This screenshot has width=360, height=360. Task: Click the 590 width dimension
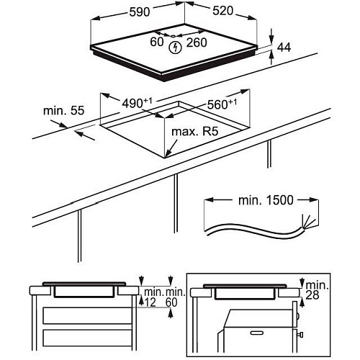click(x=140, y=12)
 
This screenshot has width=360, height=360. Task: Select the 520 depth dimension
click(x=222, y=11)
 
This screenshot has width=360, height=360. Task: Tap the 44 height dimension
click(x=284, y=48)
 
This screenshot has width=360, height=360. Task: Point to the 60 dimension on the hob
click(x=157, y=42)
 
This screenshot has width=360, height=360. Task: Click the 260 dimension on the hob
click(x=197, y=42)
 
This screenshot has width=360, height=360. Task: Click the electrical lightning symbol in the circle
click(x=175, y=48)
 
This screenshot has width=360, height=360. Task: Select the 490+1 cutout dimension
click(x=137, y=102)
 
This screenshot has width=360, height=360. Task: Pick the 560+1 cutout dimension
click(x=222, y=104)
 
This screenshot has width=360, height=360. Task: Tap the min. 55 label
click(x=63, y=111)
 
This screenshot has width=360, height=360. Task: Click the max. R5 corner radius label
click(x=195, y=132)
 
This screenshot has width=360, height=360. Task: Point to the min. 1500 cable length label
click(x=266, y=200)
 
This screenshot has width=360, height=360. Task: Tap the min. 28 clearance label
click(x=317, y=290)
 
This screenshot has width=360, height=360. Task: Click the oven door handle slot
click(x=256, y=333)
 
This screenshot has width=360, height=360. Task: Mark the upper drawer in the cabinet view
click(x=87, y=315)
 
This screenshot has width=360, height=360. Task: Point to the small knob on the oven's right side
click(x=300, y=335)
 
